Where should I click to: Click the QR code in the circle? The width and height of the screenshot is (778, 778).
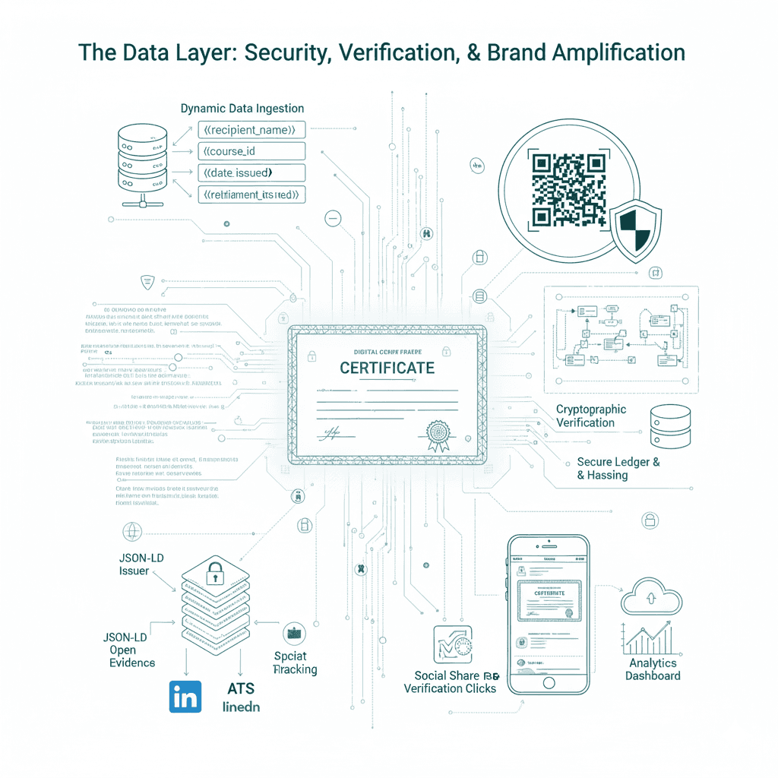pyautogui.click(x=569, y=189)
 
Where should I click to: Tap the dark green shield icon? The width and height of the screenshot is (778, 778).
pyautogui.click(x=636, y=229)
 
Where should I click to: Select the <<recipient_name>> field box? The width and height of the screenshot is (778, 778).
pyautogui.click(x=251, y=130)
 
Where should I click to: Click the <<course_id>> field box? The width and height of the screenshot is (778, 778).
pyautogui.click(x=251, y=151)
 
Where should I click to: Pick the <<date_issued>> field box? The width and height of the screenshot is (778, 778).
pyautogui.click(x=251, y=172)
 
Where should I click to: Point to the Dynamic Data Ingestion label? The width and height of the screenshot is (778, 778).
pyautogui.click(x=242, y=109)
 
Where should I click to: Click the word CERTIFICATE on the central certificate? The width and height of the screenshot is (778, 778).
pyautogui.click(x=387, y=368)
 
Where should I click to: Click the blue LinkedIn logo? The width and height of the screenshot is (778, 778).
pyautogui.click(x=184, y=696)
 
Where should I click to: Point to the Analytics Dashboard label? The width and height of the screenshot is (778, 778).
pyautogui.click(x=653, y=669)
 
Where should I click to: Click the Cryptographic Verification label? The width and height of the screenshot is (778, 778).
pyautogui.click(x=590, y=416)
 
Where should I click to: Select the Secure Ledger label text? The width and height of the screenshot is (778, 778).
pyautogui.click(x=618, y=468)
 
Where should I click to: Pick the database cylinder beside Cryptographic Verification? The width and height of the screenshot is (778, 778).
pyautogui.click(x=670, y=426)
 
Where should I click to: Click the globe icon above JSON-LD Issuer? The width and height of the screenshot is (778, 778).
pyautogui.click(x=131, y=531)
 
